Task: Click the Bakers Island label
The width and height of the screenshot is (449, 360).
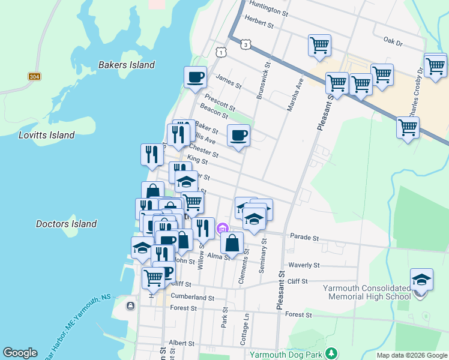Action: [126, 65]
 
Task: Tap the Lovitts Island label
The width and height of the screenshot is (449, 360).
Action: [46, 135]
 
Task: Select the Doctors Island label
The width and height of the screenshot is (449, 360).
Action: [66, 224]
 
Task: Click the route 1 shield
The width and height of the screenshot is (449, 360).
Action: [222, 53]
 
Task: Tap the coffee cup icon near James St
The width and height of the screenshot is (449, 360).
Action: [195, 77]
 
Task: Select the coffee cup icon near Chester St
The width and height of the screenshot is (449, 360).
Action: [238, 135]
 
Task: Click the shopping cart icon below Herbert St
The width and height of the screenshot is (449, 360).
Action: [319, 45]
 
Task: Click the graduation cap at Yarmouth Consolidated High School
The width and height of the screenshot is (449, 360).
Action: [421, 280]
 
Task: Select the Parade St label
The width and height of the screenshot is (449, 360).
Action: [304, 238]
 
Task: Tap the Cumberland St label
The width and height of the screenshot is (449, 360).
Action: [192, 297]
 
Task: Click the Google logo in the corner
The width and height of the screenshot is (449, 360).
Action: [20, 353]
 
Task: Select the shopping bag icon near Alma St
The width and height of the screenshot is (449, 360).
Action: [232, 242]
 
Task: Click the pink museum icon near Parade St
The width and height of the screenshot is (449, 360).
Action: [223, 228]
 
